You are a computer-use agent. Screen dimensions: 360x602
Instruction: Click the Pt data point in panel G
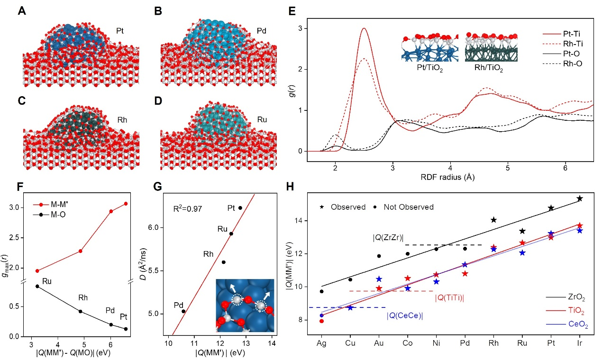point(240,208)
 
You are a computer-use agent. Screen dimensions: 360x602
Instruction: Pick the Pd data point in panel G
point(183,311)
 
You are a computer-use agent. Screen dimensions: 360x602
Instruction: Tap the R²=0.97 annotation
point(188,207)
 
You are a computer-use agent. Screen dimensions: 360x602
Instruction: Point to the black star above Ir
point(579,198)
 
